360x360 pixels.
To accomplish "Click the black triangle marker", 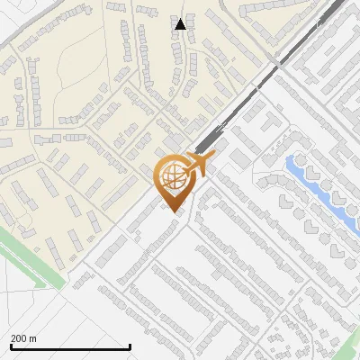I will click(180, 24).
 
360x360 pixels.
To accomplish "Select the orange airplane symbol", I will click(199, 165).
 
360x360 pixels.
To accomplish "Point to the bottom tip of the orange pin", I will click(173, 211).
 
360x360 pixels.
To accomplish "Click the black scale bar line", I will click(70, 346).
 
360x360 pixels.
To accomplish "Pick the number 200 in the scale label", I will click(20, 338).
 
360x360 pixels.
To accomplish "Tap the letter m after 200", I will click(34, 338).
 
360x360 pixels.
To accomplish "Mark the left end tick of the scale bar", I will click(11, 346).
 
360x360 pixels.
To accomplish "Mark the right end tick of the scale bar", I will click(130, 346).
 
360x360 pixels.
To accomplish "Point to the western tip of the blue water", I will click(287, 162).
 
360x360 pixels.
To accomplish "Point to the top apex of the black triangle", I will click(180, 19).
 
